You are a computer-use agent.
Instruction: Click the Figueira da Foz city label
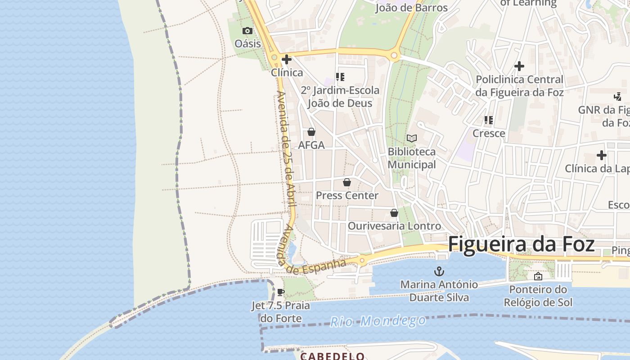[x=521, y=244]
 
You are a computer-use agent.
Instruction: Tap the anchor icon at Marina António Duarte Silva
[x=439, y=271]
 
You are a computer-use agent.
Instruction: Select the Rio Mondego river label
[x=378, y=321]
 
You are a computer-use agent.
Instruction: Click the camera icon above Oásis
[x=247, y=31]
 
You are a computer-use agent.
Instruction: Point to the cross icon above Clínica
[x=287, y=59]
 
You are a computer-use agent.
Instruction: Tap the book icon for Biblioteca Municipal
[x=412, y=139]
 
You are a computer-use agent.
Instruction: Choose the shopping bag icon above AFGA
[x=311, y=132]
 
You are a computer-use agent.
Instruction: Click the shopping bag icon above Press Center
[x=347, y=182]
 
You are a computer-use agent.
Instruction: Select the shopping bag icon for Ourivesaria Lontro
[x=394, y=213]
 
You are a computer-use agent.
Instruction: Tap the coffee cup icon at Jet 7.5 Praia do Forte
[x=281, y=292]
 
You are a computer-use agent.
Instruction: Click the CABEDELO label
[x=333, y=356]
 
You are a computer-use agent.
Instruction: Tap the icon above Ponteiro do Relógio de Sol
[x=538, y=276]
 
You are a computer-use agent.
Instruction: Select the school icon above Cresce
[x=488, y=120]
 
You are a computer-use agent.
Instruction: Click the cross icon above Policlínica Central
[x=519, y=66]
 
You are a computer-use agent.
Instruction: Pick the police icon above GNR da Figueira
[x=617, y=96]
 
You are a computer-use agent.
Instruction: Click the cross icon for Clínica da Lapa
[x=602, y=156]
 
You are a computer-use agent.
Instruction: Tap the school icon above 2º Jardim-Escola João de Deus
[x=340, y=77]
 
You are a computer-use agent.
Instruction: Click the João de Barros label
[x=411, y=8]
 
